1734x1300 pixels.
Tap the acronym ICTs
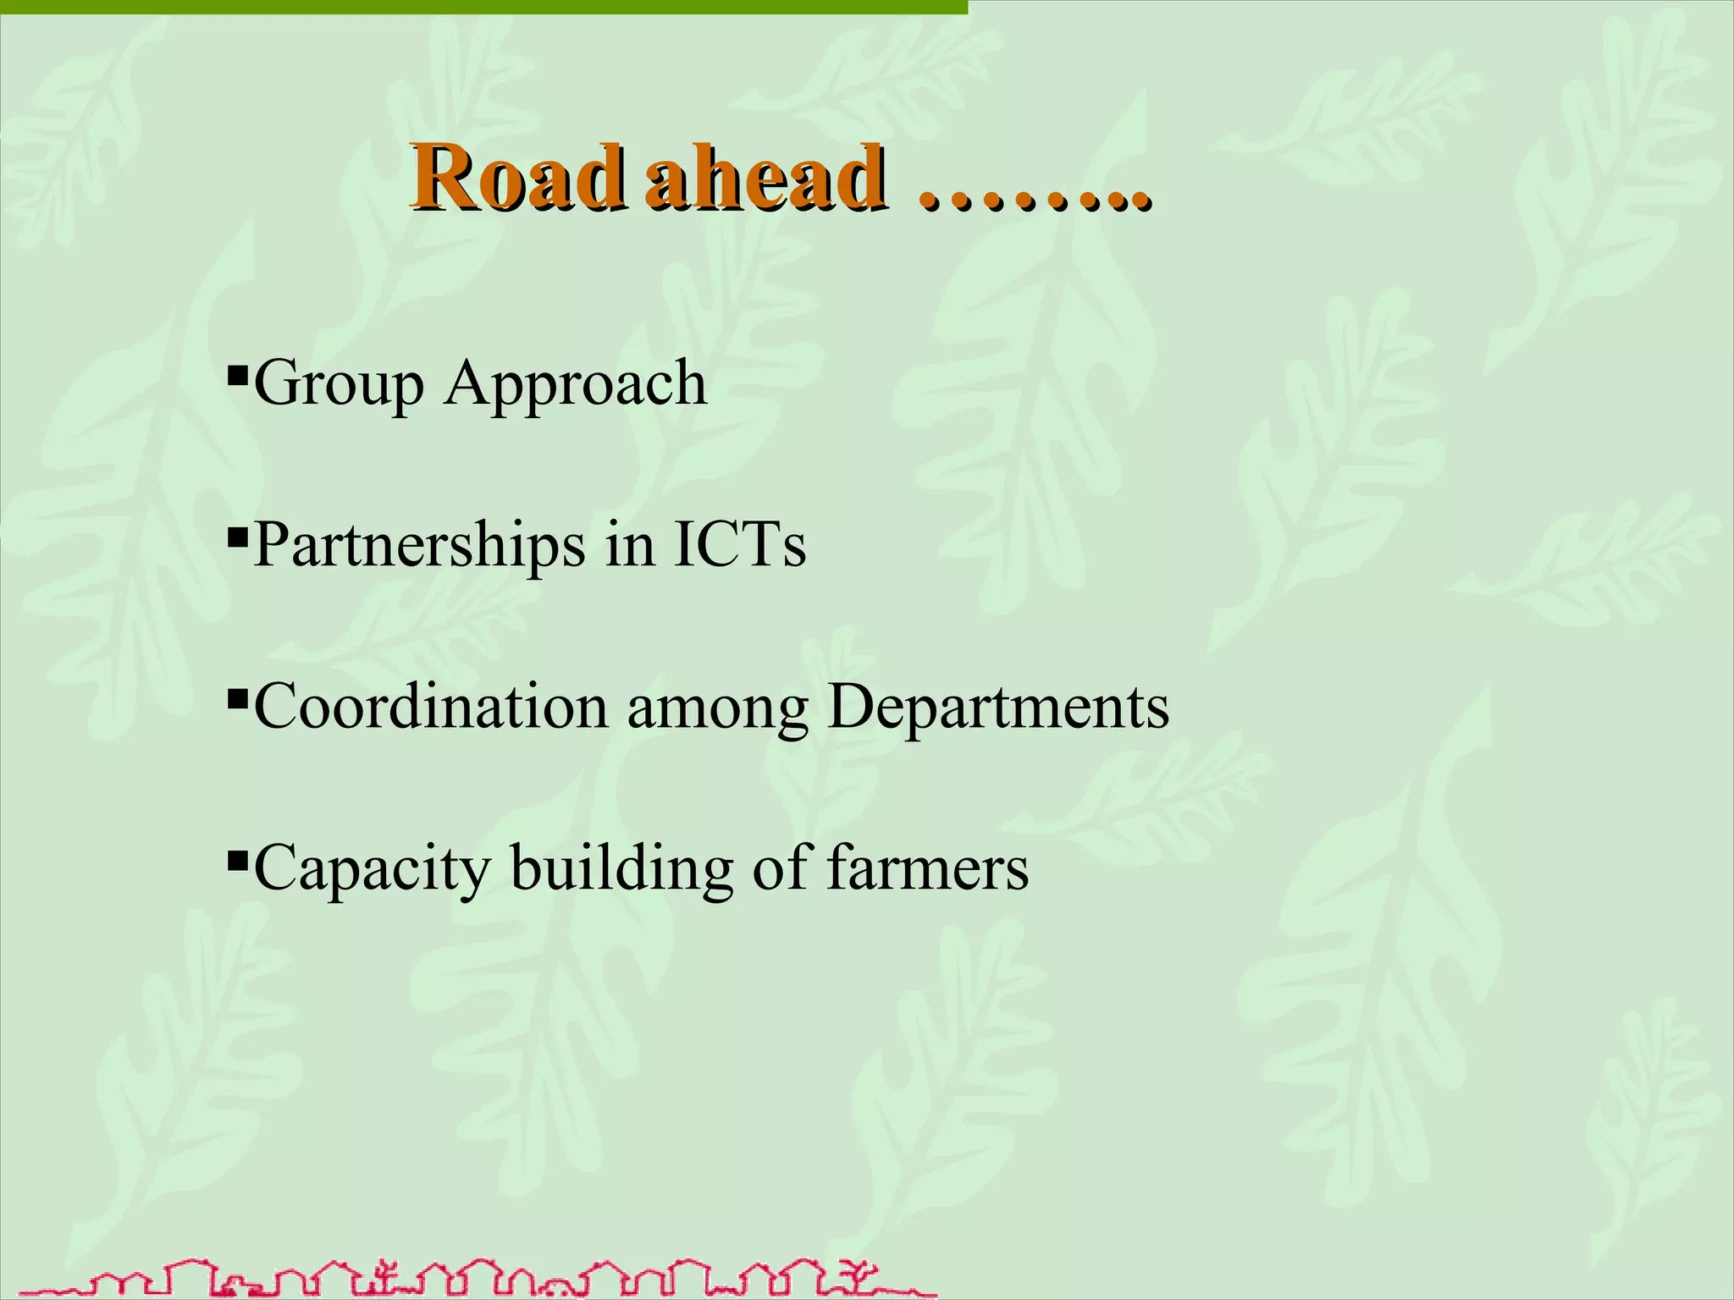[x=739, y=544]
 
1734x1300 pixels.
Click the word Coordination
[x=430, y=707]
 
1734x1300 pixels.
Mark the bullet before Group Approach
[x=237, y=372]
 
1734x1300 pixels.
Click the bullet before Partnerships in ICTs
[x=237, y=535]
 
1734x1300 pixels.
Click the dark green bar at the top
[x=483, y=7]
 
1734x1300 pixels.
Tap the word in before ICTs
[x=630, y=544]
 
